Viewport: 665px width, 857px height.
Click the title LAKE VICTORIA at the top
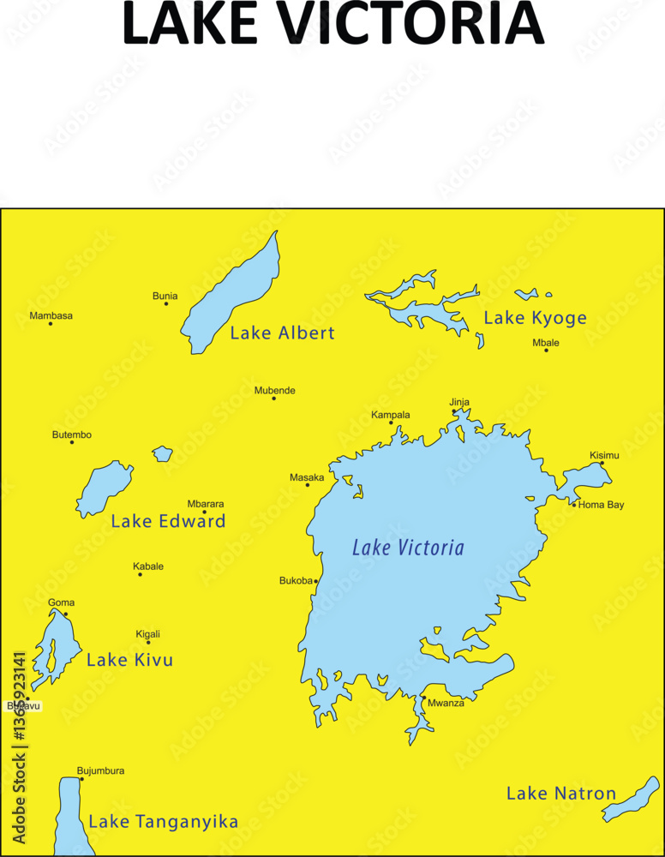[332, 23]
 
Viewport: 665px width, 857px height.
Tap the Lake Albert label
[282, 333]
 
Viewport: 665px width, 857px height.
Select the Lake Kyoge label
[535, 318]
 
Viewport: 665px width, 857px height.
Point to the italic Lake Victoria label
[408, 548]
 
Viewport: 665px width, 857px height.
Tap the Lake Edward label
[168, 521]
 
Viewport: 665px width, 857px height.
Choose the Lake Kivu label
[129, 660]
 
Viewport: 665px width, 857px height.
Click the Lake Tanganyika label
[164, 822]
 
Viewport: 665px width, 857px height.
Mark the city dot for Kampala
[391, 423]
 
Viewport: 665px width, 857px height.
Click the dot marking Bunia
[166, 303]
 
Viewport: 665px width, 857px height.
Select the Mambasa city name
[51, 315]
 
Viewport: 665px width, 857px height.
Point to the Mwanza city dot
[422, 697]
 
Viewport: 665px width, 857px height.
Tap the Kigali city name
[147, 634]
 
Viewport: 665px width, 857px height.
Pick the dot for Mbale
[546, 350]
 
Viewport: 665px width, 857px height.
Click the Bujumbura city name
[100, 770]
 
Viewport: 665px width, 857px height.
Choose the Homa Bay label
[601, 505]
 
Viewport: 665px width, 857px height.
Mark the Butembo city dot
[72, 442]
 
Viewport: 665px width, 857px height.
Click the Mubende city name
[274, 391]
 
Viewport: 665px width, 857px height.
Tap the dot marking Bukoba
[315, 581]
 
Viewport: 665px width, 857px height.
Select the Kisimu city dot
[602, 463]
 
